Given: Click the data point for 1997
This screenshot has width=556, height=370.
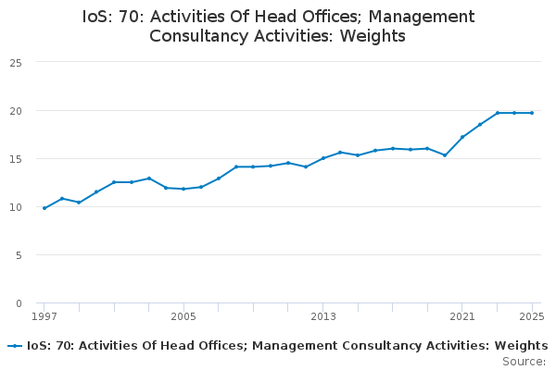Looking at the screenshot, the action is coord(44,208).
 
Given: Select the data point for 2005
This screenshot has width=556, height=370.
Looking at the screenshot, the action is coord(183,189).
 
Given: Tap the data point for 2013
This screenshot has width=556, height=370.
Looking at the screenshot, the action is coord(323,158).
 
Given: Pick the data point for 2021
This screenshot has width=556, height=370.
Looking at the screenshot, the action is coord(462,137).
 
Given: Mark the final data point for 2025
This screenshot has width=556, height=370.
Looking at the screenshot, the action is coord(532,113).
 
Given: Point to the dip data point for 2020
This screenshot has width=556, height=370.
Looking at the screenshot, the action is coord(445,155).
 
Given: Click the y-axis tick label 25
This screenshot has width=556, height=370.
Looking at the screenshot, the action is coord(16,63).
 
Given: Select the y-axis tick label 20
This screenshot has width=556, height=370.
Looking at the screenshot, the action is coord(16,111).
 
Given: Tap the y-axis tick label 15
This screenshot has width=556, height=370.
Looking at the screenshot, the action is coord(16,159).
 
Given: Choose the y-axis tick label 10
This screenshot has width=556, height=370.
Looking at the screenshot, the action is coord(16,207).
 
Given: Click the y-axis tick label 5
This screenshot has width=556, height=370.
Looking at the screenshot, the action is coord(19,255).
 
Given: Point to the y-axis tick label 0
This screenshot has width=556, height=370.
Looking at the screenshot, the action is coord(19,303).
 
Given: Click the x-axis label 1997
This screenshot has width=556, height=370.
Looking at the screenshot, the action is coord(44,316).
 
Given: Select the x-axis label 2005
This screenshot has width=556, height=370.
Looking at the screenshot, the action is coord(183,316).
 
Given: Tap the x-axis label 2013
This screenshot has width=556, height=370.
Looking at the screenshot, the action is coord(323,316).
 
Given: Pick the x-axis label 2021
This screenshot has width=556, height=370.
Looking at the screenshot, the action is coord(462,316).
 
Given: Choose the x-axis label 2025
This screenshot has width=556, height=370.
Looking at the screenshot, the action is coord(532,316).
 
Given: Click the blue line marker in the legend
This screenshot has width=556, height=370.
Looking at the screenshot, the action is coord(15,346).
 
